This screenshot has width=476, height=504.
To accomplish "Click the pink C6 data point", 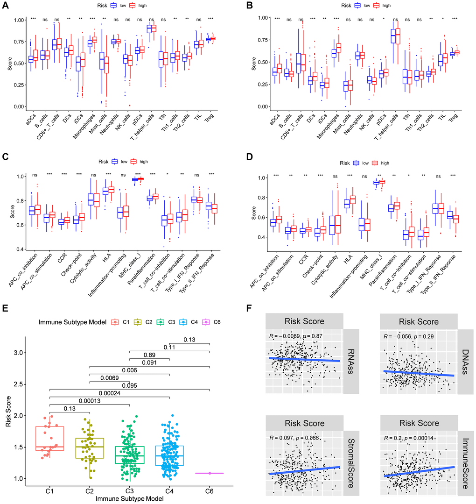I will (x=210, y=473).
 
